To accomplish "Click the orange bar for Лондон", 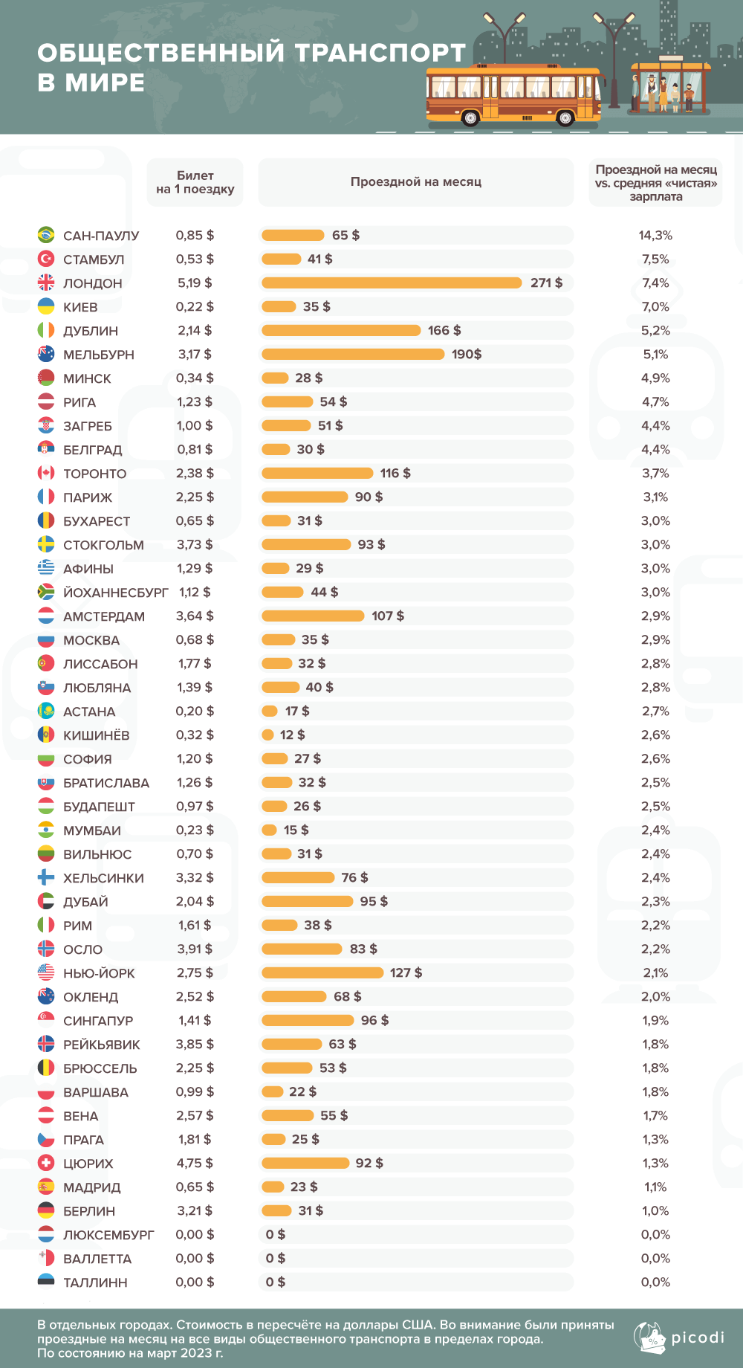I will click(392, 283).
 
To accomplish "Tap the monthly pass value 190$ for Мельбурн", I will click(467, 354).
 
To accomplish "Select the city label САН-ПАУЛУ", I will click(101, 236).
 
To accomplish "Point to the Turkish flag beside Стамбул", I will click(46, 259).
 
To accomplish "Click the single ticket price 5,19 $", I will click(195, 283).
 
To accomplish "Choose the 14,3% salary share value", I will click(655, 235).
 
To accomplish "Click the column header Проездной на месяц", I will click(416, 181).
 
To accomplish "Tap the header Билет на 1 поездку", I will click(195, 182).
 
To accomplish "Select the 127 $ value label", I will click(406, 972).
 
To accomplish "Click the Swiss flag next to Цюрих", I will click(46, 1163).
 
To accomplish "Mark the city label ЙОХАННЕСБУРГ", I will click(116, 593).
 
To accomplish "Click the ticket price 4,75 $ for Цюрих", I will click(195, 1163).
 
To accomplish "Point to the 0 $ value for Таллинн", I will click(275, 1282).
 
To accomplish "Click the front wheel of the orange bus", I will click(565, 117).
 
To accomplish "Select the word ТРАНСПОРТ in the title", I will click(380, 53).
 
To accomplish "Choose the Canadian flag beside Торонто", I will click(46, 473).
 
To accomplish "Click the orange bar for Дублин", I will click(341, 330).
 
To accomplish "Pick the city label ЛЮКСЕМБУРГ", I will click(108, 1235).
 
